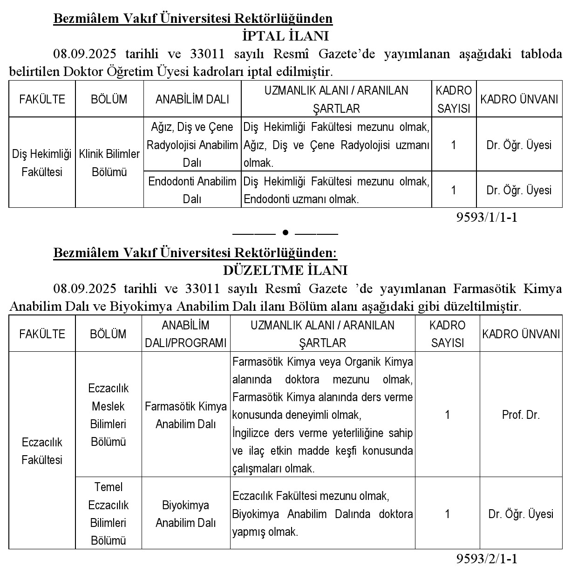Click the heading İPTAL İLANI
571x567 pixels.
pos(285,36)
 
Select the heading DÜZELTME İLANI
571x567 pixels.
pos(285,270)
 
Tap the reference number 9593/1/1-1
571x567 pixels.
pos(487,217)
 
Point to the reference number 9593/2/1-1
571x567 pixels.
pos(487,559)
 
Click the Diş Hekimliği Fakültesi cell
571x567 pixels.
pos(42,163)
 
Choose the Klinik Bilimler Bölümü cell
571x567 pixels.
pos(109,163)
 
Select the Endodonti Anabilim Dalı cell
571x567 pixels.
pos(192,190)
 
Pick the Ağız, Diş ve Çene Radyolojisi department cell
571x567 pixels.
pos(192,144)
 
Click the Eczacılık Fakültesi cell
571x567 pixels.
pos(42,451)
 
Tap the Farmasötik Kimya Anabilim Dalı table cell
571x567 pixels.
pos(185,415)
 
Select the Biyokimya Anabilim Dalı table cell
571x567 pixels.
pos(185,514)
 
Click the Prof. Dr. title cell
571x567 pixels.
pos(521,415)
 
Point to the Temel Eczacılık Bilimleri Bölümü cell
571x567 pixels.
pos(109,514)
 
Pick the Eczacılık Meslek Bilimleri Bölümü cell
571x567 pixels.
pos(109,415)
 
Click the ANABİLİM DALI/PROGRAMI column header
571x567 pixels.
pos(185,334)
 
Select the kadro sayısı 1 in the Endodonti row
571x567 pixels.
pos(454,190)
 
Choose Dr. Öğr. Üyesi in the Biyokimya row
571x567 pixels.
pos(521,514)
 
